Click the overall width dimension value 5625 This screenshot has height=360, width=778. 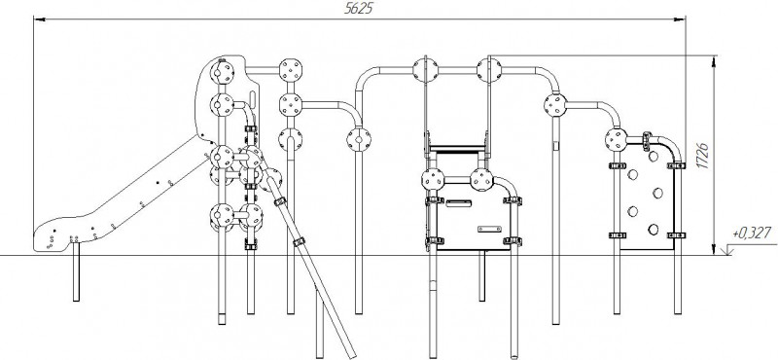[x=358, y=9]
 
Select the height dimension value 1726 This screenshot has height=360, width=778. [x=702, y=155]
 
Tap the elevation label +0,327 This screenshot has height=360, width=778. [x=752, y=233]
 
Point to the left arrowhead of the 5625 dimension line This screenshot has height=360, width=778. [x=40, y=19]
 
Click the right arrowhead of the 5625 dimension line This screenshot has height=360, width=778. [x=680, y=19]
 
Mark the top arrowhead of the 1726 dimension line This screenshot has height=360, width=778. [x=714, y=61]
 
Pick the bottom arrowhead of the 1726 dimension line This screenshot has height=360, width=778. [x=714, y=249]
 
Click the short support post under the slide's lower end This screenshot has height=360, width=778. [x=76, y=272]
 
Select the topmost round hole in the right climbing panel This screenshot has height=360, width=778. [x=654, y=156]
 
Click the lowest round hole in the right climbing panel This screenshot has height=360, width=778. [x=654, y=229]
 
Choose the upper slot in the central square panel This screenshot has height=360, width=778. [x=457, y=203]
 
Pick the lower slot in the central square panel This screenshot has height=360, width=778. [x=489, y=229]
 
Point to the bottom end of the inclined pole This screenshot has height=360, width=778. [x=352, y=355]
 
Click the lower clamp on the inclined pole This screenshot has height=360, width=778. [x=299, y=242]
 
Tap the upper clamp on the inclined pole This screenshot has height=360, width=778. [x=280, y=201]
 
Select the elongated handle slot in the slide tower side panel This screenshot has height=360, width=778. [x=253, y=99]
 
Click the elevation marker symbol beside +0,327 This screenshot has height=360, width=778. [x=728, y=250]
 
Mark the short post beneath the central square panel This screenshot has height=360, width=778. [x=481, y=275]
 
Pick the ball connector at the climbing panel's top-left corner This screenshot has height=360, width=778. [x=616, y=139]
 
